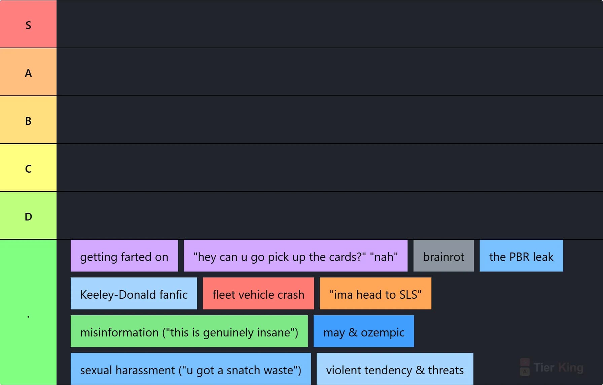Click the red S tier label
point(28,24)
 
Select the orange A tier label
point(28,72)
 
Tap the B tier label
point(28,120)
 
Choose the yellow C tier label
point(28,168)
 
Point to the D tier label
point(28,215)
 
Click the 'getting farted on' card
point(124,256)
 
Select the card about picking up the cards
point(295,256)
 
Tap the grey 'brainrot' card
point(444,256)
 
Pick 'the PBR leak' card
point(521,256)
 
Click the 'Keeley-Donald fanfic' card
point(134,293)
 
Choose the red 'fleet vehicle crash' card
point(258,293)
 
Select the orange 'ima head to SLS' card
point(376,293)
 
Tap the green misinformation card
point(189,331)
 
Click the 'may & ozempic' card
point(364,331)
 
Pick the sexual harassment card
point(190,369)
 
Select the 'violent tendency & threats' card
point(395,369)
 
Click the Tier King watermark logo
point(552,367)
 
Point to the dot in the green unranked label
point(28,317)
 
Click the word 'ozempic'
point(383,333)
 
